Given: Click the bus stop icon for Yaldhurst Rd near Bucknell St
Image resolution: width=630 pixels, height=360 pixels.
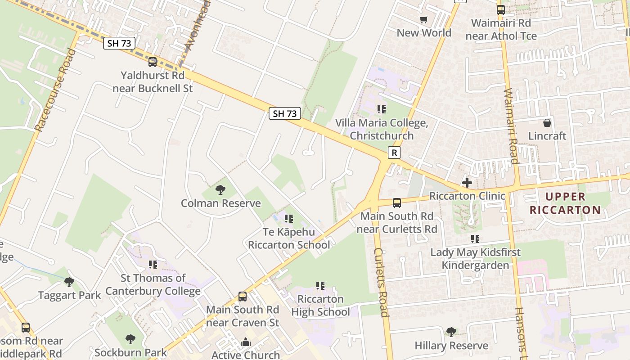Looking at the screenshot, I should tap(153, 62).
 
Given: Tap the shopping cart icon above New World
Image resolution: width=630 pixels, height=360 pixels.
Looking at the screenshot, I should tap(423, 19).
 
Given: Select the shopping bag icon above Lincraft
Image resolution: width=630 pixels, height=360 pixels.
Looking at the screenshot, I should tap(547, 122).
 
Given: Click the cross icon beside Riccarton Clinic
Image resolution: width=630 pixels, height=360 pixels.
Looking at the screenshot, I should tap(467, 182).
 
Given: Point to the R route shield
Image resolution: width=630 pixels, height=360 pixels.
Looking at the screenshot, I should tap(394, 153).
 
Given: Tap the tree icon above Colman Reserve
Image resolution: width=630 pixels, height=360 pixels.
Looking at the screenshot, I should tap(220, 190).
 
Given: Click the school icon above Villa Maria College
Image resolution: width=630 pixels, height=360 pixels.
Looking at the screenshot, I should tap(382, 109).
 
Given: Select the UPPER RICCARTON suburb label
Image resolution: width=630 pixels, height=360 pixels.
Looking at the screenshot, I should tap(565, 203).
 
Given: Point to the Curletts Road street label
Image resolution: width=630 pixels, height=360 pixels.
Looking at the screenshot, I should tap(380, 282).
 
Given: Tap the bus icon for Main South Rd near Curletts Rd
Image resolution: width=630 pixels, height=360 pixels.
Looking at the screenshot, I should tap(396, 203).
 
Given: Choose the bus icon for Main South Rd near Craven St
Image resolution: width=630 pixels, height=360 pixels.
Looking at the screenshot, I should tap(243, 296).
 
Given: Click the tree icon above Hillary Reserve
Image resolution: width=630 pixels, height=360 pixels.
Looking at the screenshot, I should tap(451, 332).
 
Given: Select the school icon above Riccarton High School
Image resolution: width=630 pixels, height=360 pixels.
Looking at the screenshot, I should tap(320, 285).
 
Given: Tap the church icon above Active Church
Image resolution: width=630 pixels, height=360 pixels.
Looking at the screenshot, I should tap(245, 342).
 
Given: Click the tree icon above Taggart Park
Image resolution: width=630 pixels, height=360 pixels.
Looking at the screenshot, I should tap(69, 282).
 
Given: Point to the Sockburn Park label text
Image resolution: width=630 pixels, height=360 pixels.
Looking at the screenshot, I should tap(130, 352).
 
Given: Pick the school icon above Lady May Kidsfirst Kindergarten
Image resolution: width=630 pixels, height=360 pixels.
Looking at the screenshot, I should tap(475, 239).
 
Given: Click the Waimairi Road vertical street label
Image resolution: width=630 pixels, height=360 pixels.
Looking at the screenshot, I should tap(511, 126).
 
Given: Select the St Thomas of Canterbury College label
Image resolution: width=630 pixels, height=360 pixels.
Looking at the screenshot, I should tap(153, 284).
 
